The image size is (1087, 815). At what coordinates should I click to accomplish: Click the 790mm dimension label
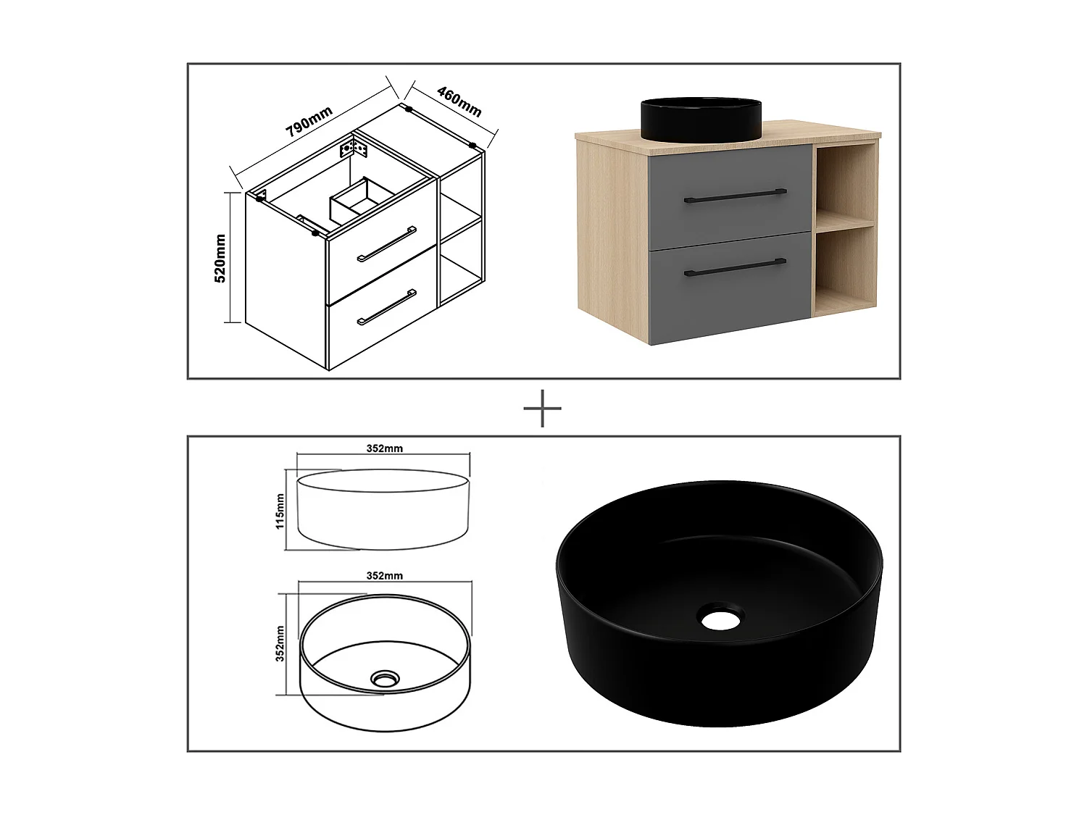[x=309, y=122]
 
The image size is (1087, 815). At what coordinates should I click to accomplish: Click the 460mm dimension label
[x=459, y=101]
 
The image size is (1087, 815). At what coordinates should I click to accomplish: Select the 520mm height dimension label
[x=222, y=258]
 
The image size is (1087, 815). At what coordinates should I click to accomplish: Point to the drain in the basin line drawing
[x=384, y=679]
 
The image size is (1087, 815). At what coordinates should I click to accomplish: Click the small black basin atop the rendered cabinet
[x=701, y=118]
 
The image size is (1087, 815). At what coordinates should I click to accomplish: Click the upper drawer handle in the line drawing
[x=386, y=243]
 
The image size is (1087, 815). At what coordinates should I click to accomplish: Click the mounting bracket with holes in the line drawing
[x=356, y=150]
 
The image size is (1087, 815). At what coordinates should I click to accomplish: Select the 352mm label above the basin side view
[x=384, y=448]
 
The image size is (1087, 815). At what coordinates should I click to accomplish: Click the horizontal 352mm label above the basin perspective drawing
[x=384, y=576]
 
